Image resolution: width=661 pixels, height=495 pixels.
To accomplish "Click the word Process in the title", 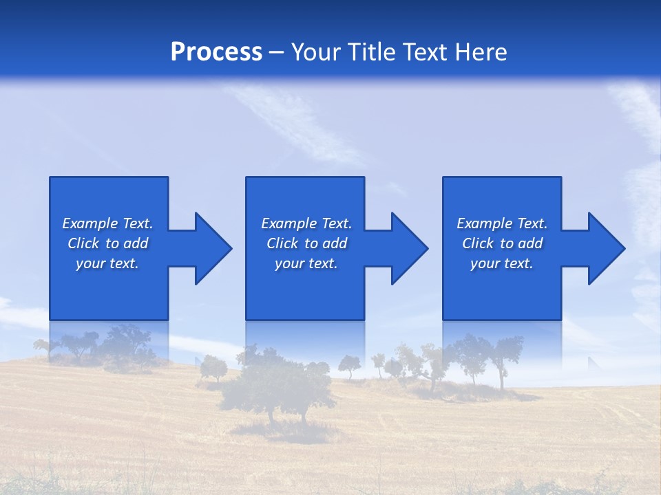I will coord(216,52).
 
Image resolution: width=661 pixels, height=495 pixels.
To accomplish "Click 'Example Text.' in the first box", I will coord(107,223).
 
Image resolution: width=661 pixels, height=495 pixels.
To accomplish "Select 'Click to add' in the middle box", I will coord(306,243).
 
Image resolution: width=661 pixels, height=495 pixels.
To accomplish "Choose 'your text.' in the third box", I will coord(502,263).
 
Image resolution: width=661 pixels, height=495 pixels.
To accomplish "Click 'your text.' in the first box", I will coord(107,263).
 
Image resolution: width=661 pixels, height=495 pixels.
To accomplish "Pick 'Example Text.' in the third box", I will coord(502,223).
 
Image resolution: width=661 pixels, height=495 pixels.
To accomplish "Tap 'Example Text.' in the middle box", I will coord(306,223).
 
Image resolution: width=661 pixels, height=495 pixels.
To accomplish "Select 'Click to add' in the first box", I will coord(107,243).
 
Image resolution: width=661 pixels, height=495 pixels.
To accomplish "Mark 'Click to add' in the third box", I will coord(502,243).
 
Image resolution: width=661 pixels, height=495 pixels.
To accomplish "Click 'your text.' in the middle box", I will coord(306,263).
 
